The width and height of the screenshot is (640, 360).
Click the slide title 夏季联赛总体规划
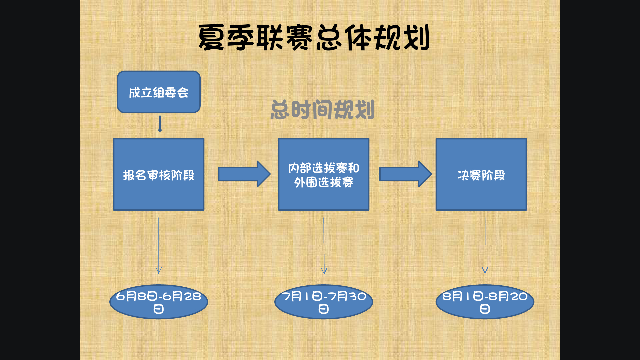pos(313,38)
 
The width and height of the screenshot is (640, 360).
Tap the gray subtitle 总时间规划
pos(322,110)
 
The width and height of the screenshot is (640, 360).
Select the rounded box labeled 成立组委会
pos(159,92)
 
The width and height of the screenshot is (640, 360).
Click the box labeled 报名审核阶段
pos(159,174)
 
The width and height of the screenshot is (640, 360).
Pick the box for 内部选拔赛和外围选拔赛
pos(323,174)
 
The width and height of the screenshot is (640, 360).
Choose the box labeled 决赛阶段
pos(481,174)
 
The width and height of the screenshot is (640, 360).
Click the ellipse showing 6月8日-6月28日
pos(159,302)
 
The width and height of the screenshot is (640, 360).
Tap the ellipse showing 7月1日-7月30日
pos(323,302)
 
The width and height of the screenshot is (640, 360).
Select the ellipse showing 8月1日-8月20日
pos(485,302)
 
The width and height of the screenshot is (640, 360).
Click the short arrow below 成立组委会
pos(160,124)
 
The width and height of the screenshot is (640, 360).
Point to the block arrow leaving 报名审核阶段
pos(244,174)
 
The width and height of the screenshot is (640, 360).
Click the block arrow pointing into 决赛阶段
pos(405,174)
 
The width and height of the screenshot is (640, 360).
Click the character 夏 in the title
pos(211,38)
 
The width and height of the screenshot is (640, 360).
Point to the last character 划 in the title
pos(416,38)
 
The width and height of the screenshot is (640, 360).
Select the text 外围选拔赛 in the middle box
pos(323,182)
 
